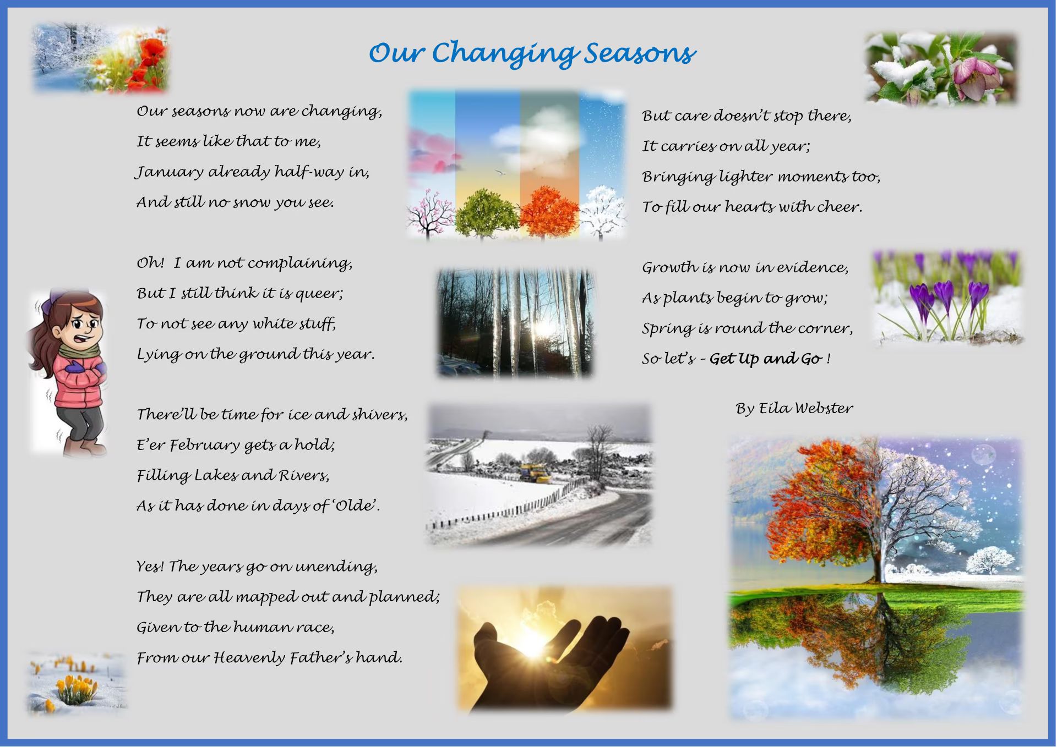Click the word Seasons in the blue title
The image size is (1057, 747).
click(x=640, y=53)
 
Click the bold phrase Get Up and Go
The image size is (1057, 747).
click(x=766, y=359)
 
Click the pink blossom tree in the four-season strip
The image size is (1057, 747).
click(x=433, y=215)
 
